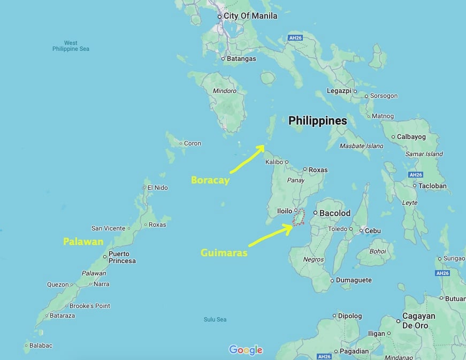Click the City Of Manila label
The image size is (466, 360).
(250, 16)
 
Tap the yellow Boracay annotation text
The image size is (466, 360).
(210, 180)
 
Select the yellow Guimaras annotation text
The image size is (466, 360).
(224, 252)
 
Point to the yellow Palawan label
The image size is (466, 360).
(83, 242)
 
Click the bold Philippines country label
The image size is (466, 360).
(317, 121)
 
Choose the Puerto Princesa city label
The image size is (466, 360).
(122, 257)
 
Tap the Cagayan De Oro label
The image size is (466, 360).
(418, 320)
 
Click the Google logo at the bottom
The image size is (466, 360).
(246, 350)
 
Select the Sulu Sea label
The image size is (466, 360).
(215, 319)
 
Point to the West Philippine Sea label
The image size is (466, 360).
(71, 46)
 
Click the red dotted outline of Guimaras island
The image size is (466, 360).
(298, 217)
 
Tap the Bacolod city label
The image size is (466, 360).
(335, 213)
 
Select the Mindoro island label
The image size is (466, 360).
(224, 91)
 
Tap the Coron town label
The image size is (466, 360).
(192, 143)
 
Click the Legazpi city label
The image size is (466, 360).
(339, 91)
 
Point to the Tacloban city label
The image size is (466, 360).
(433, 186)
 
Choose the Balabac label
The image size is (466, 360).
(41, 346)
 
